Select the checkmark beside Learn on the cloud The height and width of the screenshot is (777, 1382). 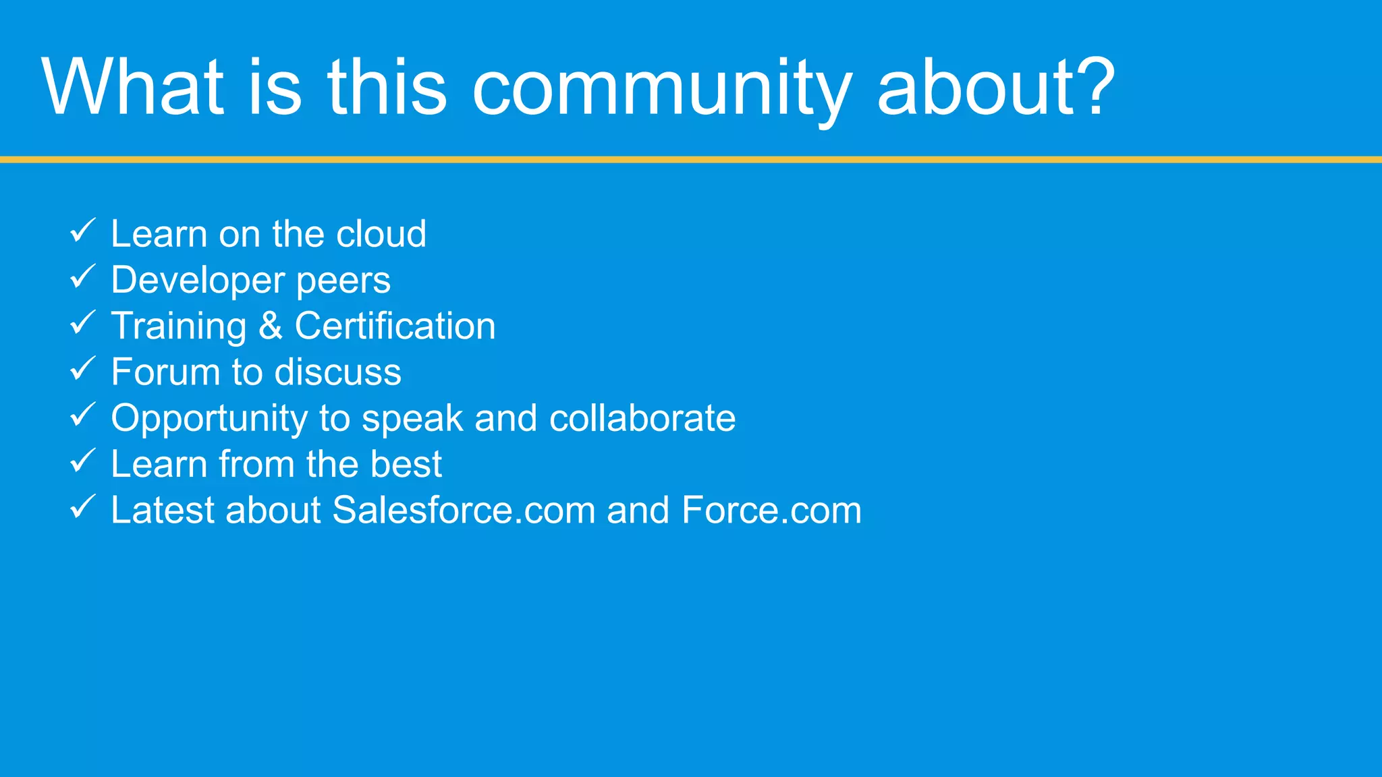[83, 231]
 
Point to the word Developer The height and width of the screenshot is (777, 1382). [198, 281]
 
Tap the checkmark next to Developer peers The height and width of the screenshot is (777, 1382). [83, 277]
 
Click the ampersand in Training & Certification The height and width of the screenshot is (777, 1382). [270, 326]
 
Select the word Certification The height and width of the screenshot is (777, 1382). [395, 326]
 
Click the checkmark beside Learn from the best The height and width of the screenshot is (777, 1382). [83, 461]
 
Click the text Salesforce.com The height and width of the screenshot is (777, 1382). [464, 511]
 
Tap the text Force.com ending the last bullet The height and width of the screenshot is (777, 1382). [771, 511]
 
